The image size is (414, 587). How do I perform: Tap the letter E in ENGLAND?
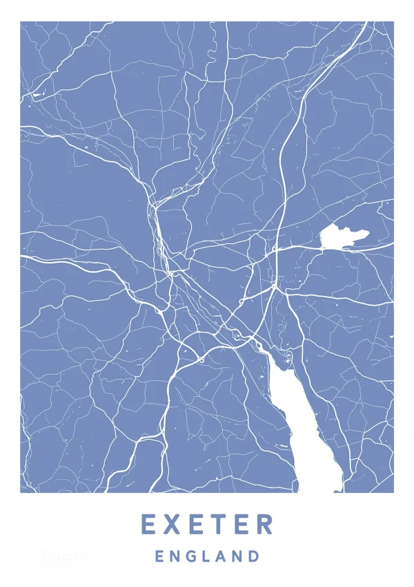(x=159, y=556)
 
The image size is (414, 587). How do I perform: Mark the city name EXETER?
(x=207, y=525)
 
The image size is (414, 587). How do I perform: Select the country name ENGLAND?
(x=207, y=556)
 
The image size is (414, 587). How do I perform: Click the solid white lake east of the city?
(x=342, y=237)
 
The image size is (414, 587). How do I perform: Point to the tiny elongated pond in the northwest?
(x=36, y=93)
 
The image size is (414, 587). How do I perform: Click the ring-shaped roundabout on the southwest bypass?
(x=200, y=359)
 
